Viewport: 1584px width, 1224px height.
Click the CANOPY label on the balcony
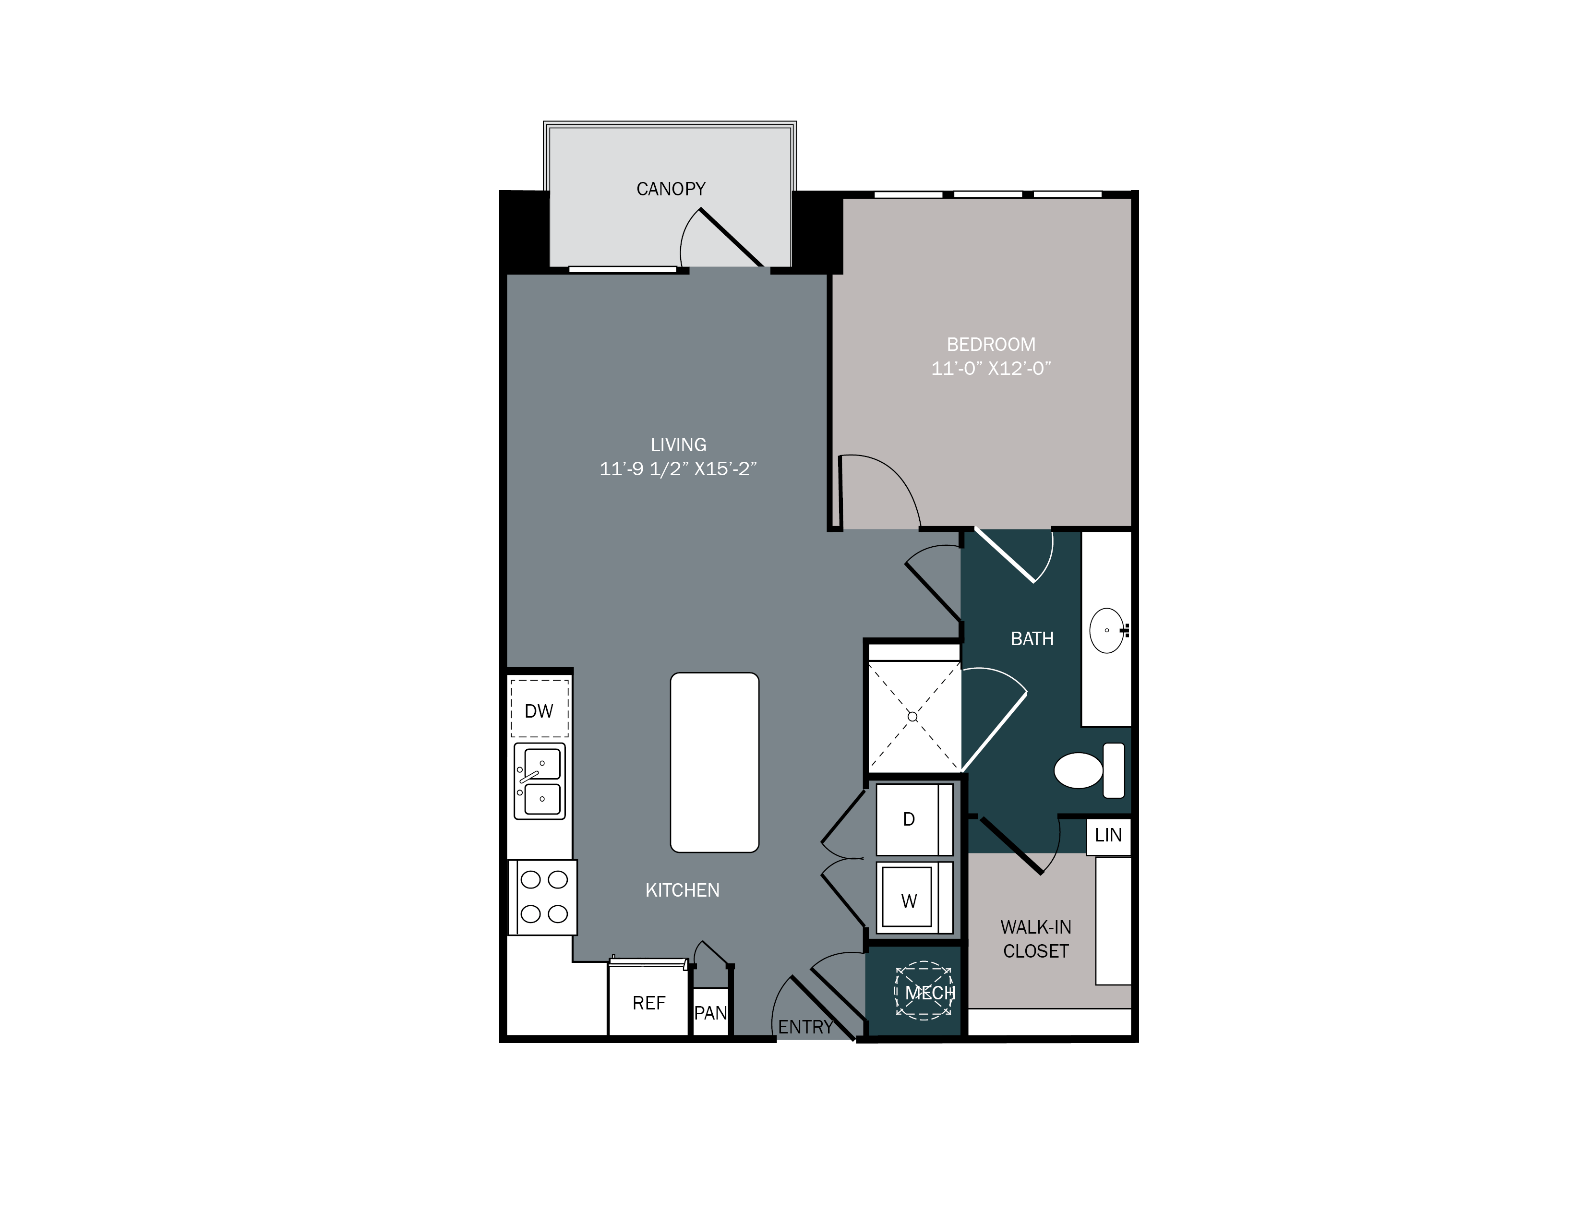tap(671, 189)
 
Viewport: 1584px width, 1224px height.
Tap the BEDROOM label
tap(991, 345)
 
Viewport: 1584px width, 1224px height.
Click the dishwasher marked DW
tap(539, 710)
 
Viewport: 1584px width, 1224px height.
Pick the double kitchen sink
tap(540, 781)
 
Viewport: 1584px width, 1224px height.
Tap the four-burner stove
tap(543, 897)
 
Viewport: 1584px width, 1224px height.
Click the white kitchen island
tap(714, 762)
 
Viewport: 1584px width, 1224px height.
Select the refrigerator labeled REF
tap(648, 1003)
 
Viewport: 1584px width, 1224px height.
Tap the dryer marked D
tap(909, 819)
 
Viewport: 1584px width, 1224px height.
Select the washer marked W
tap(909, 900)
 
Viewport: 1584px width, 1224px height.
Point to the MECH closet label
tap(929, 993)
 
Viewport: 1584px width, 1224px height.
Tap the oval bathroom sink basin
tap(1107, 630)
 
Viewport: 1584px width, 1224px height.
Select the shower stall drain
tap(912, 717)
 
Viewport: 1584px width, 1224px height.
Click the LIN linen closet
tap(1108, 835)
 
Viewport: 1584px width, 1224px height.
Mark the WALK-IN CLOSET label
tap(1036, 939)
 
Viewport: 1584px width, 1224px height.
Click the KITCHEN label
tap(683, 890)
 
